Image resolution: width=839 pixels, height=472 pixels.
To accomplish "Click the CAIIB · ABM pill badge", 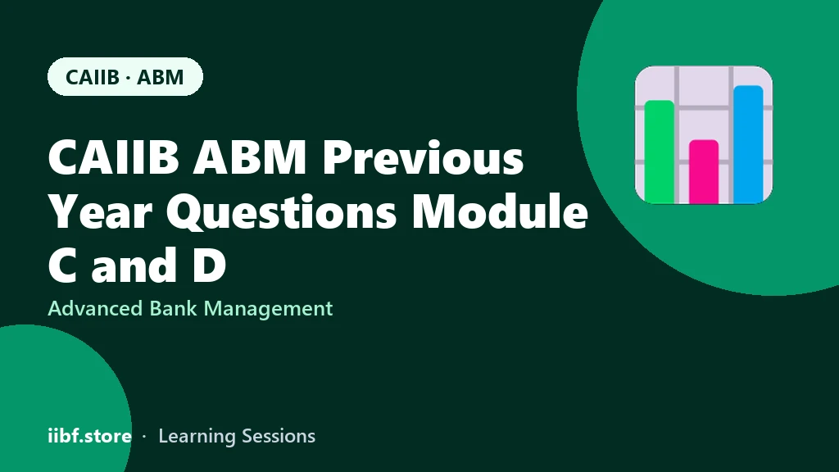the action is click(x=125, y=76).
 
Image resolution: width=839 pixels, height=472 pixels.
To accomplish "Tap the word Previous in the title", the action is click(x=423, y=157).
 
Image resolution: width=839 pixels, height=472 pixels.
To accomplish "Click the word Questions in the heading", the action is click(x=282, y=213).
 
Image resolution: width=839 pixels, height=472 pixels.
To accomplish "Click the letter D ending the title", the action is click(x=209, y=265).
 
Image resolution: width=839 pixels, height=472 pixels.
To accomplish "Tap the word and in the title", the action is click(x=134, y=264).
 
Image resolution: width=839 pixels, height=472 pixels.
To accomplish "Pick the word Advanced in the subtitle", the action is click(x=95, y=308).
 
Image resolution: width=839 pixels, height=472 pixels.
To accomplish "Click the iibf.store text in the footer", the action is click(x=90, y=436).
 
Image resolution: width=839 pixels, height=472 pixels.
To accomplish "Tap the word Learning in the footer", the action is click(x=197, y=437).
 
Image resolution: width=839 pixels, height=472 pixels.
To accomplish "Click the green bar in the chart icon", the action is click(x=660, y=152).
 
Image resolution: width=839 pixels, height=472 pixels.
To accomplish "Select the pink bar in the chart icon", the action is click(x=704, y=171).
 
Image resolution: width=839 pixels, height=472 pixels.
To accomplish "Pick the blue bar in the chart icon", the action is click(x=748, y=144).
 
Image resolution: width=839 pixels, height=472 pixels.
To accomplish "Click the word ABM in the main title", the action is click(x=249, y=157).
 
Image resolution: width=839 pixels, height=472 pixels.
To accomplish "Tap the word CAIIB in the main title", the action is click(x=113, y=157).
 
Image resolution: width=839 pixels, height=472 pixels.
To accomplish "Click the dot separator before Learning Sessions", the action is click(x=144, y=437).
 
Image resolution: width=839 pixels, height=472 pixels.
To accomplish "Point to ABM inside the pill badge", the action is click(x=160, y=77).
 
